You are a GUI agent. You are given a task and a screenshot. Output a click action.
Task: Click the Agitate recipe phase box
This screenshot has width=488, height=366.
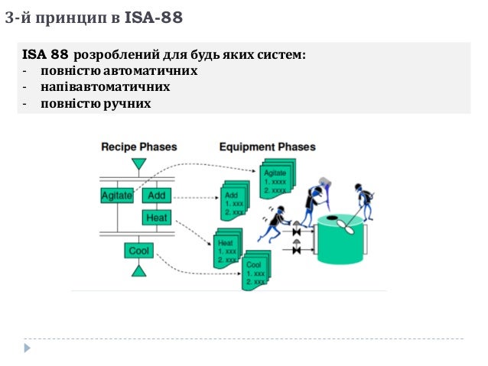click(x=116, y=196)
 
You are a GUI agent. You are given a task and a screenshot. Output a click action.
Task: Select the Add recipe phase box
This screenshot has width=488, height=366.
click(x=156, y=196)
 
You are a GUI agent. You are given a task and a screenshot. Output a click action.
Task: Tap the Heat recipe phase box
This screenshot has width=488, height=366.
click(x=156, y=218)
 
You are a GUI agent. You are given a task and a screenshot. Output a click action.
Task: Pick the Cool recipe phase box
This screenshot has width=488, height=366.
click(x=138, y=251)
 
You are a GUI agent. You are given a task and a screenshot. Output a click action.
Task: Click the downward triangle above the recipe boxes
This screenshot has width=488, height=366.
click(x=138, y=164)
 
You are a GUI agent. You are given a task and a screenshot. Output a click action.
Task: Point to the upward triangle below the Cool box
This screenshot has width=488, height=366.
click(x=138, y=270)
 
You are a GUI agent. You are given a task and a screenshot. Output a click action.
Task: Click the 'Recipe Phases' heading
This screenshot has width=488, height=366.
click(x=138, y=147)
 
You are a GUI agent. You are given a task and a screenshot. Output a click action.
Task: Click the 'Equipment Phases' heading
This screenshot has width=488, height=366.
click(x=266, y=147)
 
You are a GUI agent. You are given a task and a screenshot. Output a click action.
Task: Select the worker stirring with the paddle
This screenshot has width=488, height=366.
click(x=359, y=202)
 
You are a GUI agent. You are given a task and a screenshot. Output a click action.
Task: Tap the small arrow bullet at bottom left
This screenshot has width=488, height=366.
click(x=28, y=348)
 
